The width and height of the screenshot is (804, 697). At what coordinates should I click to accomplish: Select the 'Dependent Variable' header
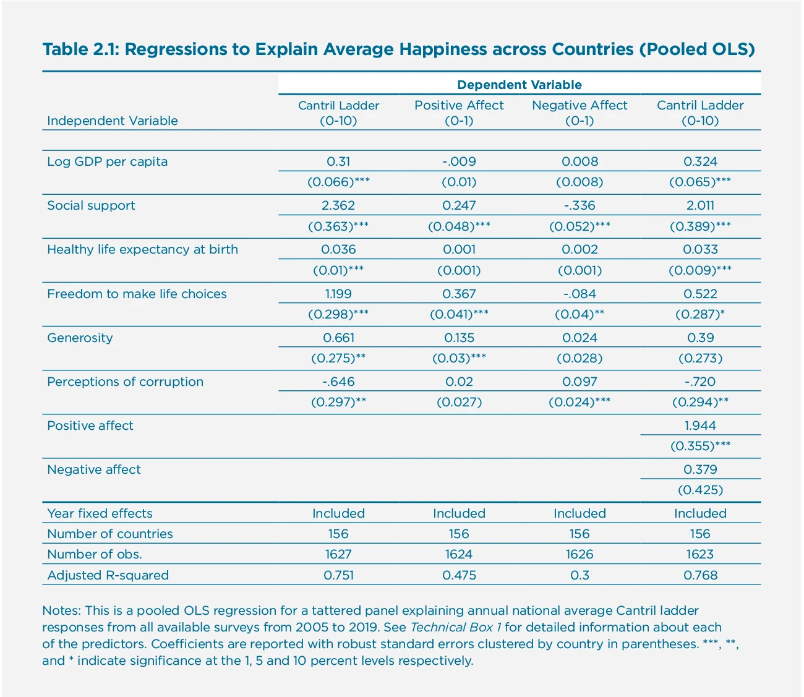pyautogui.click(x=519, y=85)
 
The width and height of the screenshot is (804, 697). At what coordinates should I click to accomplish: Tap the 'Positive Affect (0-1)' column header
pyautogui.click(x=459, y=113)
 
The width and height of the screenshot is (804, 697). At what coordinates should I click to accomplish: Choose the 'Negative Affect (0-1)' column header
pyautogui.click(x=579, y=113)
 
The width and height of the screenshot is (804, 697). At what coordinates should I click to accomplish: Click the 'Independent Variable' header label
pyautogui.click(x=112, y=121)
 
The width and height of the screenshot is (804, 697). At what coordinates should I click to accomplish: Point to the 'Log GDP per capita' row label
pyautogui.click(x=107, y=161)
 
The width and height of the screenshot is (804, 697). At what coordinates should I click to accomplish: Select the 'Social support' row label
pyautogui.click(x=91, y=205)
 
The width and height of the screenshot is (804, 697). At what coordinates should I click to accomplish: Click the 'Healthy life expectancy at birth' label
pyautogui.click(x=142, y=249)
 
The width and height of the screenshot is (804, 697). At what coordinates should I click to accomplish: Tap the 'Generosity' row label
pyautogui.click(x=80, y=338)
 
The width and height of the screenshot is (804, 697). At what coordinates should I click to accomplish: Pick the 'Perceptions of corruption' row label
pyautogui.click(x=125, y=382)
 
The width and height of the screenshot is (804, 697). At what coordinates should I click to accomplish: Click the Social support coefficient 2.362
pyautogui.click(x=338, y=205)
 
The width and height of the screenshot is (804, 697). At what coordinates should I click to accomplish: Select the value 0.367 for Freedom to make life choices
pyautogui.click(x=459, y=294)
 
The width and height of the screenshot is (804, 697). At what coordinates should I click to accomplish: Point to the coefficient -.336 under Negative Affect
pyautogui.click(x=579, y=205)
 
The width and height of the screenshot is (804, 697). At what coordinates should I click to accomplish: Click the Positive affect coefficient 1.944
pyautogui.click(x=700, y=425)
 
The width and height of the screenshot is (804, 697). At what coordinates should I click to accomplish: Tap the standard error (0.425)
pyautogui.click(x=700, y=490)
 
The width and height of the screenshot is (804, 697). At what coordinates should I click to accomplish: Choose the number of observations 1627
pyautogui.click(x=338, y=554)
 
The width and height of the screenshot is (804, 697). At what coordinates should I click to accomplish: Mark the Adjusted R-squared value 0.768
pyautogui.click(x=700, y=575)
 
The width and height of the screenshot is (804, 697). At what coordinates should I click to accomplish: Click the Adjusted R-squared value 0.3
pyautogui.click(x=579, y=575)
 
